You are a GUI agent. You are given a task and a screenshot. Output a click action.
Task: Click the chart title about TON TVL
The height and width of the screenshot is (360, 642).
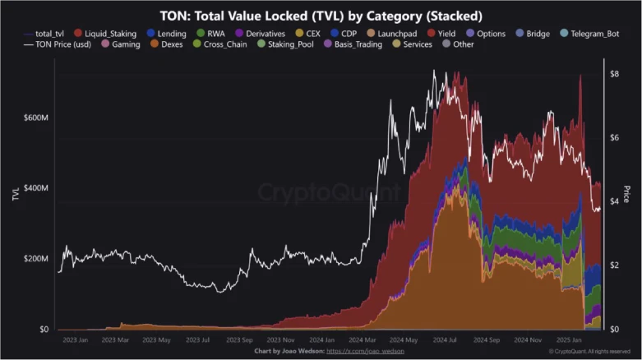(x=321, y=15)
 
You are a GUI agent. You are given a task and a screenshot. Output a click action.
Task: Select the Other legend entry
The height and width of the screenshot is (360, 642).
(x=463, y=44)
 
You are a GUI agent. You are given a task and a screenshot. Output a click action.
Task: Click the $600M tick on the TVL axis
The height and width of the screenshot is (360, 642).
(x=35, y=118)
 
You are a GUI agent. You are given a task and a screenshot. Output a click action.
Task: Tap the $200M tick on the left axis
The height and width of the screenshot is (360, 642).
(x=35, y=259)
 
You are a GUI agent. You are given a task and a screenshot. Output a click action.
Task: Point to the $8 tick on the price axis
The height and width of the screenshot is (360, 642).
(x=613, y=74)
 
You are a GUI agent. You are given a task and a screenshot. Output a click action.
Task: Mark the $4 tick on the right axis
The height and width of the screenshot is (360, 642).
(x=613, y=201)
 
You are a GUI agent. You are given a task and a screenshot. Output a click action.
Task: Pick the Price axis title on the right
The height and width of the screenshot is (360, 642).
(x=627, y=194)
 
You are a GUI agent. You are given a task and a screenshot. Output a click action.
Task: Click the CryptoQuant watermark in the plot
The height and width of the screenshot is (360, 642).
(x=329, y=193)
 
